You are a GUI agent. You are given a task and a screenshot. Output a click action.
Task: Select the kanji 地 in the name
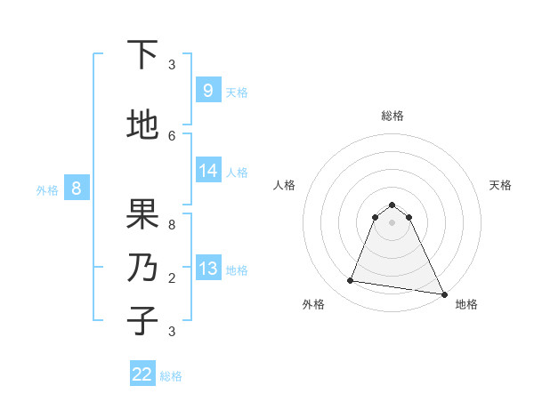tap(142, 125)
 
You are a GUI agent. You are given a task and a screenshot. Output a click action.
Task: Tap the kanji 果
tap(142, 213)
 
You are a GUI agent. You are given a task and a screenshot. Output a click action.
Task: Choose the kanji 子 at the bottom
tap(142, 319)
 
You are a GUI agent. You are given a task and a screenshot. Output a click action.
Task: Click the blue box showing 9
tap(207, 90)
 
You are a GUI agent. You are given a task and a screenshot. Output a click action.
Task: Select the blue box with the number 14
tap(207, 171)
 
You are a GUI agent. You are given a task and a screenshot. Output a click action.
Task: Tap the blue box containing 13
tap(207, 269)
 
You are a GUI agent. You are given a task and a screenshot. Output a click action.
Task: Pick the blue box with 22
tap(142, 374)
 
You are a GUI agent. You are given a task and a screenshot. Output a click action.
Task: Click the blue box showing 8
tap(77, 189)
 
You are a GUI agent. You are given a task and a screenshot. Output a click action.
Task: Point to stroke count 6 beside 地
tap(172, 135)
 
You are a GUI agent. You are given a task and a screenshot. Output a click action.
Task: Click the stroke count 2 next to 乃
tap(172, 277)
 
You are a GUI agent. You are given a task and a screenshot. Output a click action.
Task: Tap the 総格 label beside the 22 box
tap(171, 376)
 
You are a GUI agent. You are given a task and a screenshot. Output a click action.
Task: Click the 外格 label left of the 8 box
tap(47, 189)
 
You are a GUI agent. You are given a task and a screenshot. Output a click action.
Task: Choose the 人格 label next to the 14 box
tap(237, 173)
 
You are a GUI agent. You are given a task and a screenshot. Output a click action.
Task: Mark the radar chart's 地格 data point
tap(442, 293)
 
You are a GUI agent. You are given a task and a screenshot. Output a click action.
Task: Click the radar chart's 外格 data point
tap(350, 281)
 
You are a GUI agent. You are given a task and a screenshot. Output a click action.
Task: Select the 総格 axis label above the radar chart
tap(392, 116)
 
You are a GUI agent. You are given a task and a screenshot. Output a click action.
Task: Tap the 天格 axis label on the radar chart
tap(500, 185)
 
